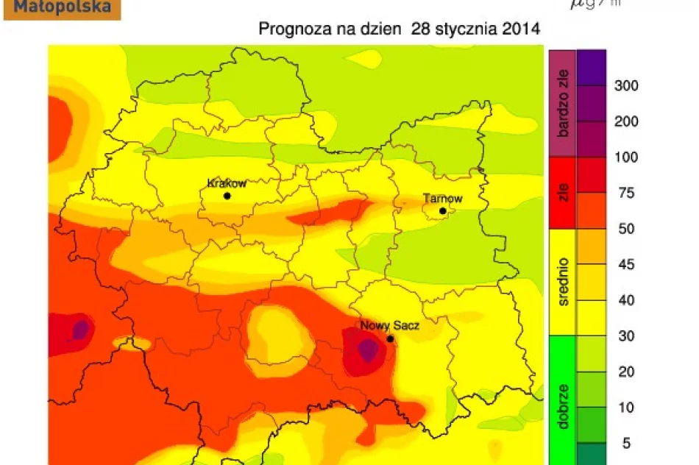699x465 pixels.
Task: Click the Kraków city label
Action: click(227, 183)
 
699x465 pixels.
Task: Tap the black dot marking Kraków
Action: click(227, 196)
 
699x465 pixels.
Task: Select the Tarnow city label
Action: click(442, 199)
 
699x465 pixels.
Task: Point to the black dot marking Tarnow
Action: click(443, 211)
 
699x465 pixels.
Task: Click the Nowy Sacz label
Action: click(389, 325)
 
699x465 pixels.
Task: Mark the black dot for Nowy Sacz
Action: click(390, 339)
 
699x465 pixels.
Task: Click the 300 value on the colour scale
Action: click(625, 86)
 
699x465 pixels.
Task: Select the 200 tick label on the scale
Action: click(625, 122)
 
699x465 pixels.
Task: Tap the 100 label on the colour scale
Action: click(625, 157)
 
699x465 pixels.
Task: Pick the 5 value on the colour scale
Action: click(627, 444)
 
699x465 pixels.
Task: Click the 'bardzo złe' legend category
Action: click(563, 103)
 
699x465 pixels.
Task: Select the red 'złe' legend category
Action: click(563, 193)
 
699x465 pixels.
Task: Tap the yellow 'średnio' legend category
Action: click(563, 282)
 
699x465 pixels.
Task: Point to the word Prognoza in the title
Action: click(291, 30)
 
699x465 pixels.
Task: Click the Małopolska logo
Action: click(62, 9)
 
